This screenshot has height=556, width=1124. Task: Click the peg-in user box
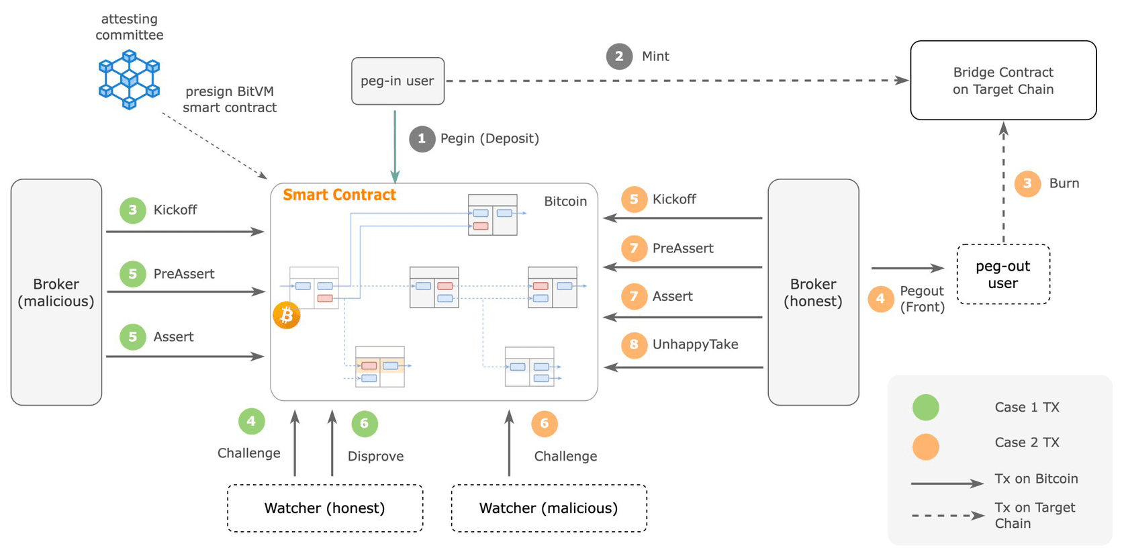(397, 81)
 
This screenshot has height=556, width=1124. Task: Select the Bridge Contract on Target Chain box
(1003, 81)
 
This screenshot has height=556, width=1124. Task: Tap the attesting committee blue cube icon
(129, 79)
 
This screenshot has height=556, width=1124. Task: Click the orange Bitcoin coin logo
(287, 315)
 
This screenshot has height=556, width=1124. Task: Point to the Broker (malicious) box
(56, 292)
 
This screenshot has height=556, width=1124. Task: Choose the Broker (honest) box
(813, 292)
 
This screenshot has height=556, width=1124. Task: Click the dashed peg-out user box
(1003, 274)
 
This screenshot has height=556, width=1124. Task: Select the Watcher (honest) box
(325, 508)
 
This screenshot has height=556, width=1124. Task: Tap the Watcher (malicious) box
(549, 508)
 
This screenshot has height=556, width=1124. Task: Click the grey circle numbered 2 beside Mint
(619, 56)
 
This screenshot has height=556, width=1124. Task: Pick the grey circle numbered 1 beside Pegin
(422, 138)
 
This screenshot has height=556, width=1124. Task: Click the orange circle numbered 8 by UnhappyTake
(634, 344)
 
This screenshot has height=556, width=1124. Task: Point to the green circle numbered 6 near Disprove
(365, 424)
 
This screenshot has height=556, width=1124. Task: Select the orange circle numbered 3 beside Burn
(1027, 184)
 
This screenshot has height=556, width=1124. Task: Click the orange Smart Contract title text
(339, 195)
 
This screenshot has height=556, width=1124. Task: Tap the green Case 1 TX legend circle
(925, 407)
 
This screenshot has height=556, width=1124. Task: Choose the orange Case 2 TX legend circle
(925, 447)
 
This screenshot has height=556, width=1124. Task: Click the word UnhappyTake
(695, 344)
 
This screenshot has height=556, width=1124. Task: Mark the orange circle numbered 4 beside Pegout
(881, 299)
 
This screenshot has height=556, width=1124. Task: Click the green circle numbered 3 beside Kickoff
(132, 210)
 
